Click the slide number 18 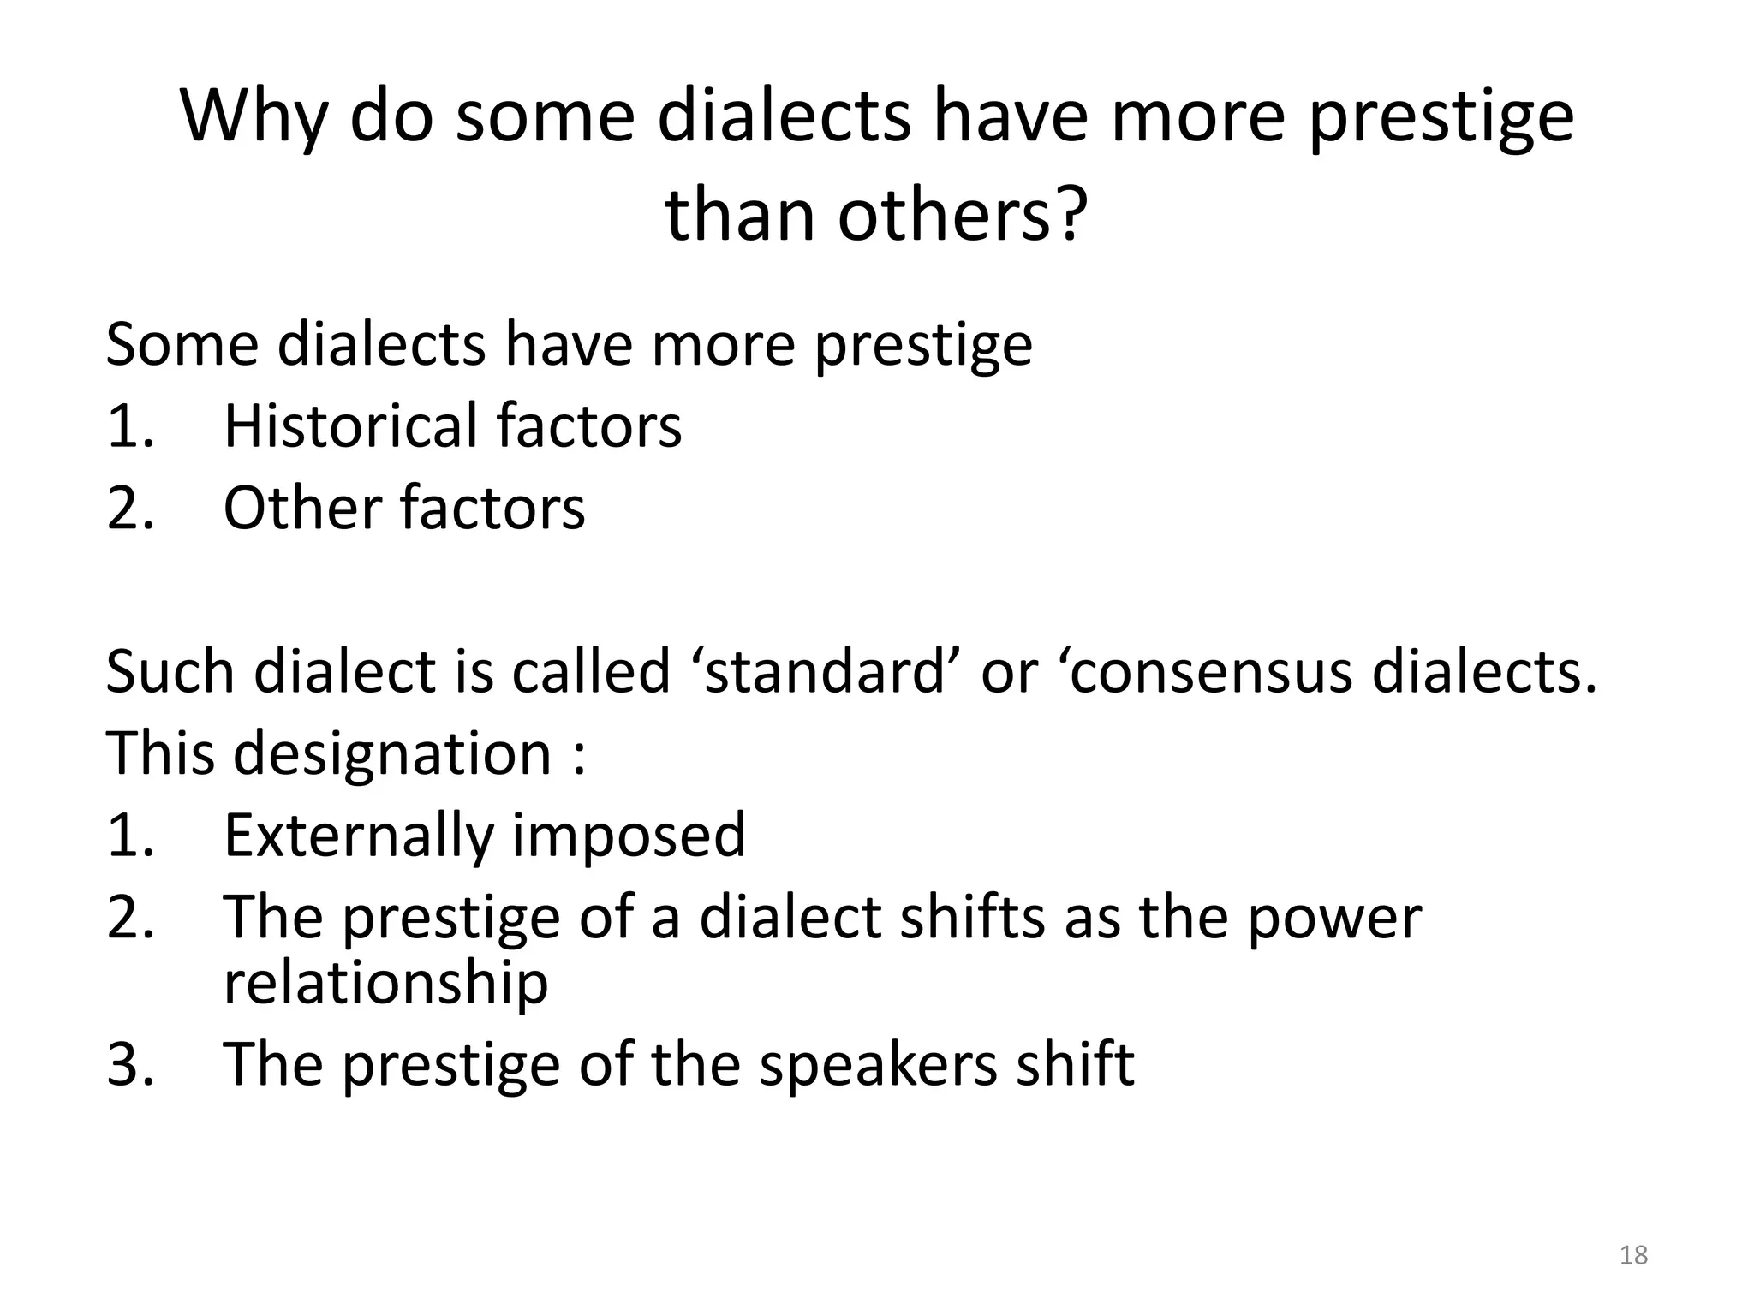pyautogui.click(x=1633, y=1255)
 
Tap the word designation pyautogui.click(x=392, y=753)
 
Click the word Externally pyautogui.click(x=357, y=836)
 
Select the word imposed pyautogui.click(x=629, y=836)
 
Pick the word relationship pyautogui.click(x=385, y=982)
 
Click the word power pyautogui.click(x=1333, y=918)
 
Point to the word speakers pyautogui.click(x=878, y=1064)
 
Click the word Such pyautogui.click(x=170, y=671)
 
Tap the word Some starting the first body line pyautogui.click(x=182, y=344)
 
